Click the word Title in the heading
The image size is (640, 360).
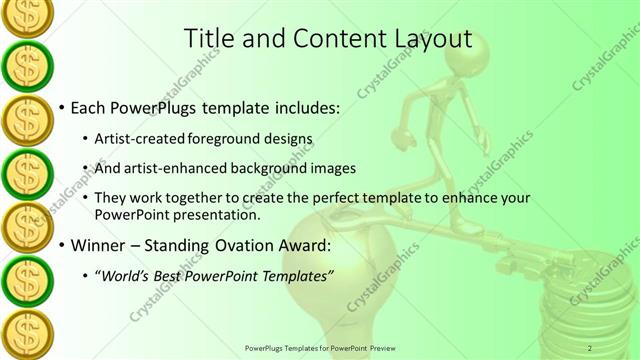coord(208,39)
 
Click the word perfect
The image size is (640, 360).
coord(310,199)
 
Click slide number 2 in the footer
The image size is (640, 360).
coord(590,347)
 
